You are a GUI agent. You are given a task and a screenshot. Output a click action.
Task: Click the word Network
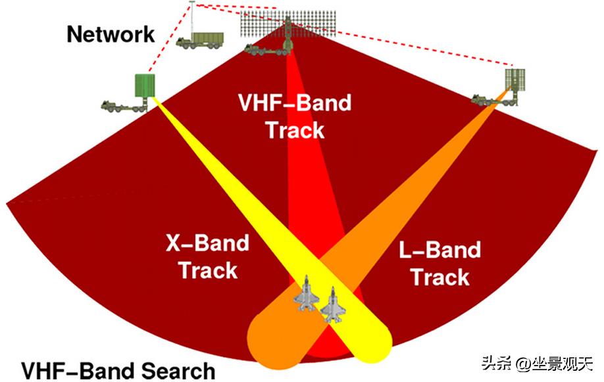point(111,34)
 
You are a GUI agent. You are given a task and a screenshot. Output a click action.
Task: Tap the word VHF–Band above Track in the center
point(295,103)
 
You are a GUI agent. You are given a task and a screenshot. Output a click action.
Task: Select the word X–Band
point(207,243)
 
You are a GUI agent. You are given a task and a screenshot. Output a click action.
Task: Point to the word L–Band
point(440,250)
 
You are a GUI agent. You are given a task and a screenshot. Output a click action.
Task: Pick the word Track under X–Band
point(209,270)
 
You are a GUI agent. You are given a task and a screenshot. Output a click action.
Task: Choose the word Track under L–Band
point(440,277)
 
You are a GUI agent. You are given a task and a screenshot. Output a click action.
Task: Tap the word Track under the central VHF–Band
point(295,130)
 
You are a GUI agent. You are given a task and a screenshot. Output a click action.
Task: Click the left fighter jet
point(307,293)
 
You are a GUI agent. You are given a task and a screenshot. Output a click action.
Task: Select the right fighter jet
point(333,304)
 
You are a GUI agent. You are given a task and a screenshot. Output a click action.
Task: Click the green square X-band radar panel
point(145,85)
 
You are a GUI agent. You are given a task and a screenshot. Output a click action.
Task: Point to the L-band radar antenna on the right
point(515,82)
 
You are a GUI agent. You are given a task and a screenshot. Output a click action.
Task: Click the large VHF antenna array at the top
point(288,24)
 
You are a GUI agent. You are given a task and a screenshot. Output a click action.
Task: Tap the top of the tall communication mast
point(192,3)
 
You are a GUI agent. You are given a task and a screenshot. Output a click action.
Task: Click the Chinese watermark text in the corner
point(537,363)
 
